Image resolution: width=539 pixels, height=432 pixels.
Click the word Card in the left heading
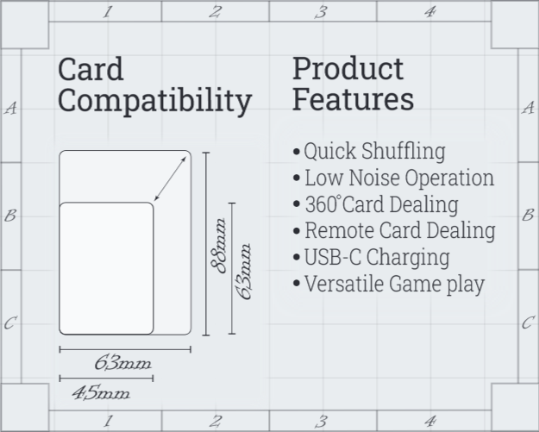point(91,69)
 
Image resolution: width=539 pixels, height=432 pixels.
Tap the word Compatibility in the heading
point(155,101)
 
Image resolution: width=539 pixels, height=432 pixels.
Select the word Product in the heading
point(348,69)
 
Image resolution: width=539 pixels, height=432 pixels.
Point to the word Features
point(353,99)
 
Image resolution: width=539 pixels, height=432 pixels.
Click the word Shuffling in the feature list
point(404,151)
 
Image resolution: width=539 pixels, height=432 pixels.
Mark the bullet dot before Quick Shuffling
point(297,152)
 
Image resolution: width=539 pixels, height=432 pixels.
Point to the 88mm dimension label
point(219,246)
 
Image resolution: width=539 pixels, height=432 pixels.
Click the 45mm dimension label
point(101,393)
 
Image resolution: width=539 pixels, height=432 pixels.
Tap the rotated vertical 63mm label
point(244,272)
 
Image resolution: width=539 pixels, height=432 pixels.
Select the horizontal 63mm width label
point(122,363)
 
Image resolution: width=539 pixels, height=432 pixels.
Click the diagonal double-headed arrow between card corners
point(170,178)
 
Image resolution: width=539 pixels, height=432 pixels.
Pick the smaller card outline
point(106,203)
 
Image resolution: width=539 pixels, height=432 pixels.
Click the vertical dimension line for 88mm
point(206,244)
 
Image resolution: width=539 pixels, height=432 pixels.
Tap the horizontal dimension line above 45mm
point(106,379)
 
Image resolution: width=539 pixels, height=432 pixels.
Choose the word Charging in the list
point(408,258)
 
